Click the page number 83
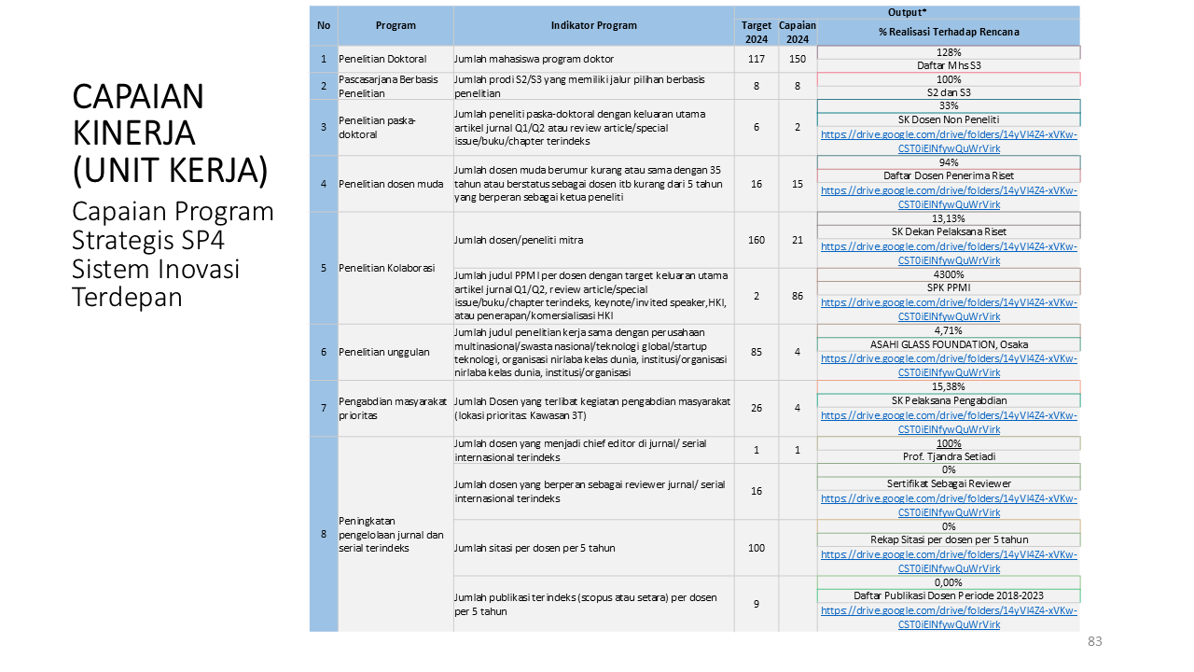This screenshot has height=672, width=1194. click(x=1094, y=641)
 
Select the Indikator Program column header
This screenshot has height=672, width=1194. click(x=594, y=25)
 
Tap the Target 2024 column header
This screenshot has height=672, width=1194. click(x=757, y=33)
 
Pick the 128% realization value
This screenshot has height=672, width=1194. click(x=949, y=52)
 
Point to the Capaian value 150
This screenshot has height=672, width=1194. click(x=797, y=59)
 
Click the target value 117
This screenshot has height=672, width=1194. click(x=757, y=59)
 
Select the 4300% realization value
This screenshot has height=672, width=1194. click(x=949, y=274)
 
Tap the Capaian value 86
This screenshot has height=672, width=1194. click(x=797, y=296)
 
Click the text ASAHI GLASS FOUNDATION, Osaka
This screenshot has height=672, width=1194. click(x=949, y=344)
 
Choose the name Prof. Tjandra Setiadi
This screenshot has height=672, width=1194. click(x=949, y=456)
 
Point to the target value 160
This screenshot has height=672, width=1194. click(x=757, y=240)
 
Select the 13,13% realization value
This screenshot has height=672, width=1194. click(x=949, y=218)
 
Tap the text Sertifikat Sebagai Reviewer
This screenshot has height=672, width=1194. click(x=949, y=483)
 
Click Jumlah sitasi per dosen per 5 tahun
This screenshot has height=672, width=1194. click(x=535, y=548)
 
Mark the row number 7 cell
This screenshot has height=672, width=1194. click(x=324, y=408)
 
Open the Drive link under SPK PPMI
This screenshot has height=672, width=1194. click(x=949, y=309)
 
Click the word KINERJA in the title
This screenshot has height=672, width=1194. click(x=133, y=133)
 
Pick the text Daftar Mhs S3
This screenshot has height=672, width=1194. click(x=949, y=65)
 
